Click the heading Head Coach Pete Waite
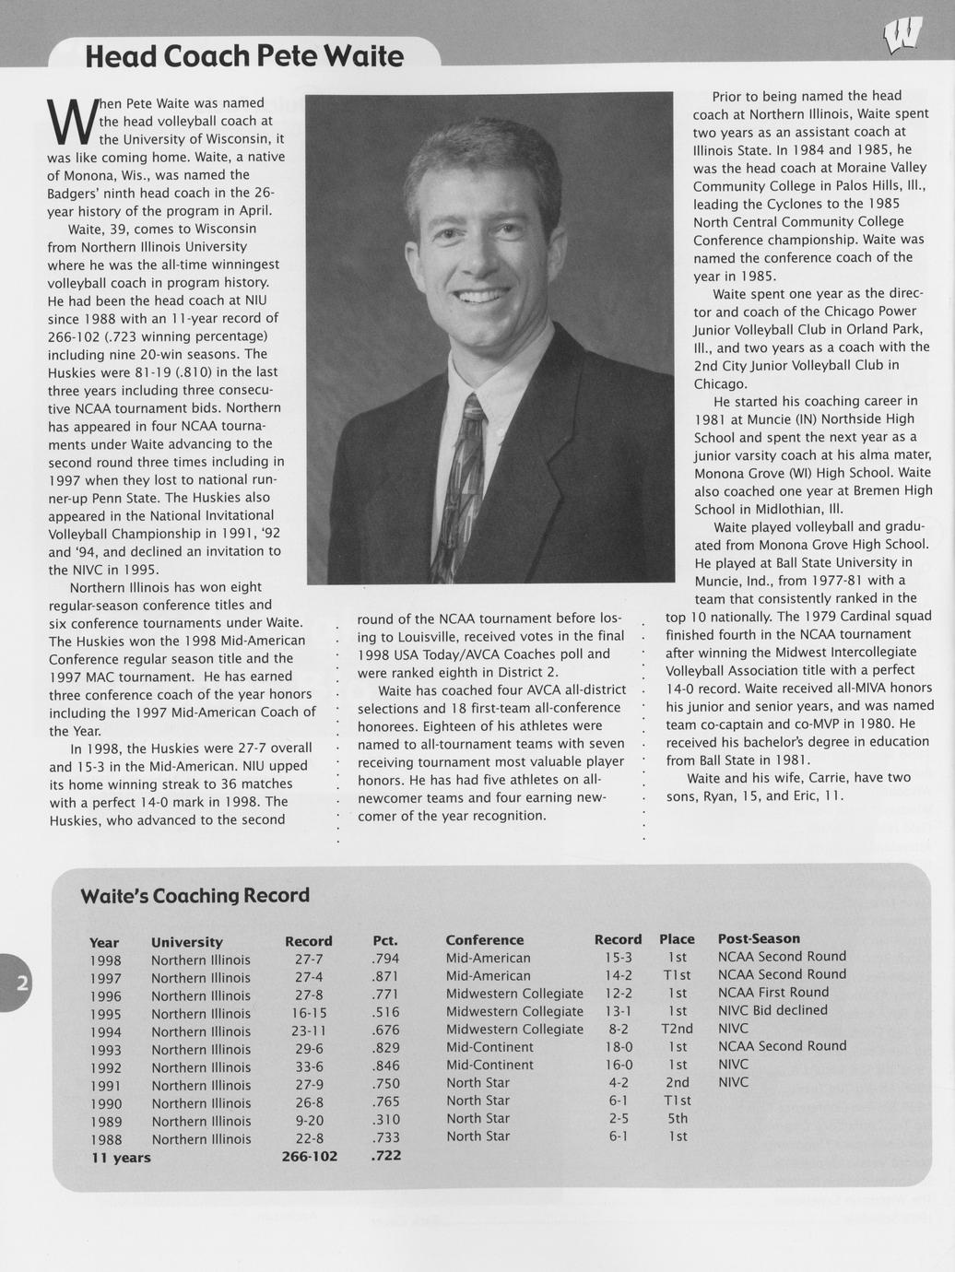coord(244,57)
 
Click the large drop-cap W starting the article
coord(68,124)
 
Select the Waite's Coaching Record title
coord(195,895)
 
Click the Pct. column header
coord(384,941)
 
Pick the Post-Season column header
coord(759,938)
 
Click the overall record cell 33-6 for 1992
coord(308,1067)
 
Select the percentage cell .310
coord(384,1121)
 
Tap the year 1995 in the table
coord(105,1014)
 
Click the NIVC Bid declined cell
coord(772,1010)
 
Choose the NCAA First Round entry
coord(772,992)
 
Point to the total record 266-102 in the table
coord(309,1157)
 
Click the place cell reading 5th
coord(678,1118)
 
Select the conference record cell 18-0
coord(618,1047)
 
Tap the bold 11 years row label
coord(121,1158)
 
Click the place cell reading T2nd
coord(677,1029)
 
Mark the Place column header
coord(677,939)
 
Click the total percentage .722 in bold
coord(385,1155)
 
